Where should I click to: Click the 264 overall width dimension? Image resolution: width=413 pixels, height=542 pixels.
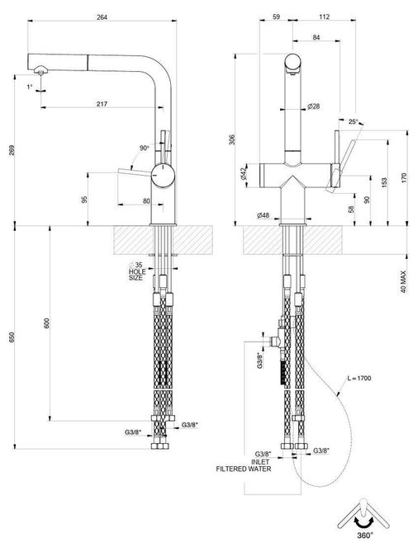coord(102,17)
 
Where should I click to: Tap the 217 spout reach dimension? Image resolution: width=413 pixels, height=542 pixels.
coord(102,104)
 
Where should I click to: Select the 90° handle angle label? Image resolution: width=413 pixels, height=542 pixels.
coord(145,148)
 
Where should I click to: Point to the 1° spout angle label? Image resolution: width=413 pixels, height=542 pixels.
coord(30,87)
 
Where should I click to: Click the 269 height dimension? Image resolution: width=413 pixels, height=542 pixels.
coord(12,150)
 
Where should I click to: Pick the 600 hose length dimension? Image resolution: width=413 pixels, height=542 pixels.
coord(47,323)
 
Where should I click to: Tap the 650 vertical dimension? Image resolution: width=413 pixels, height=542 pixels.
coord(12,337)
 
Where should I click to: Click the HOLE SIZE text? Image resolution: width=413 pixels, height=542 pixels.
coord(137,275)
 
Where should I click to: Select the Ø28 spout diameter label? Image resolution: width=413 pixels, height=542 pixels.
coord(314,106)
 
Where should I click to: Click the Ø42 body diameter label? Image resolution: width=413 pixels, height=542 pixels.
coord(243,173)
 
